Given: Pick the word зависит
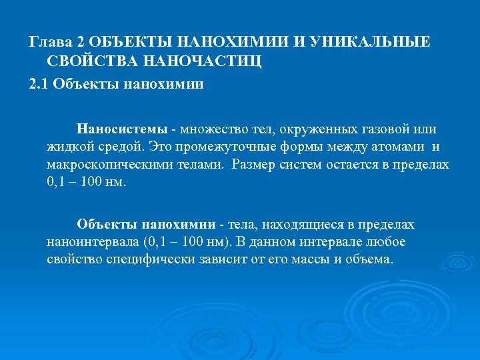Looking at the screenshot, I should pos(227,259).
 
